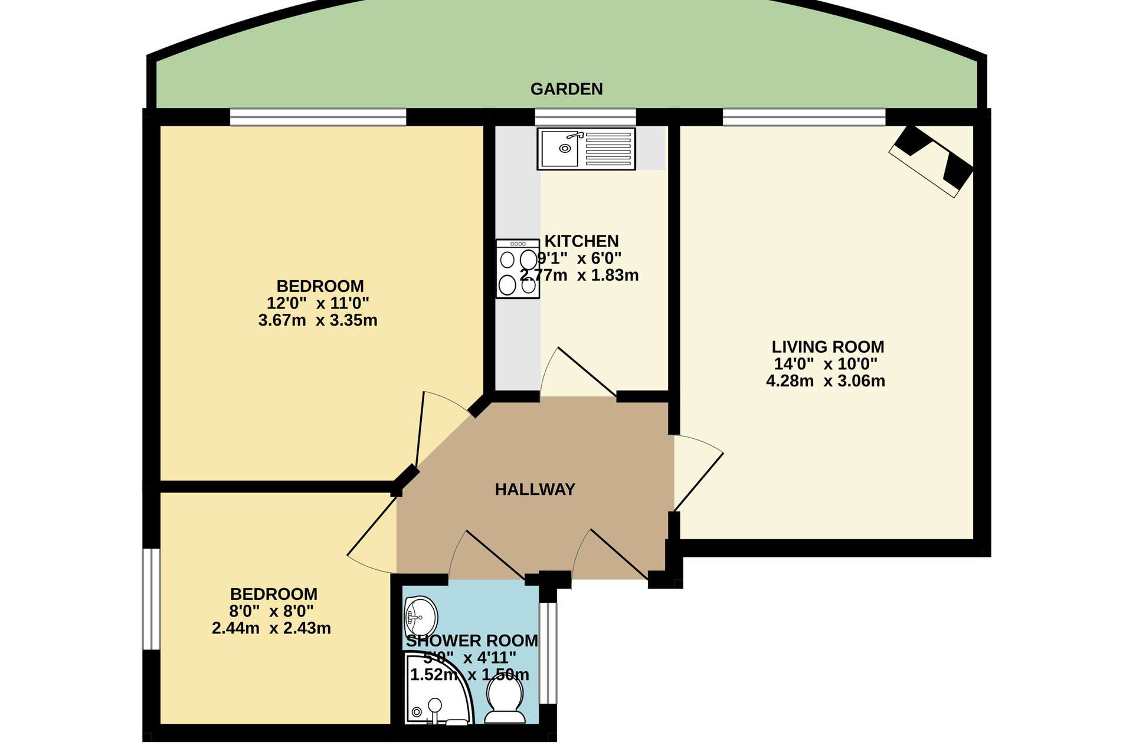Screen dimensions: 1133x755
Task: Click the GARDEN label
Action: (x=566, y=89)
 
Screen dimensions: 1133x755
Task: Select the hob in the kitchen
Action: (x=518, y=268)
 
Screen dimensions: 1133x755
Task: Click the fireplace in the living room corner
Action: (x=931, y=160)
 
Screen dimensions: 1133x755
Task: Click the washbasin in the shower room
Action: (x=421, y=616)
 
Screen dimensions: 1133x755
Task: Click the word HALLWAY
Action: (x=535, y=489)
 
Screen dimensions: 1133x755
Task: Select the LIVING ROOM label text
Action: (x=828, y=347)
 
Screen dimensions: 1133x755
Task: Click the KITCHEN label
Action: (x=581, y=241)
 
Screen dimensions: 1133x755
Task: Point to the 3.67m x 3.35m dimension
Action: (x=318, y=320)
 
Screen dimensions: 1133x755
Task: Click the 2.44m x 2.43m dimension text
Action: (x=271, y=628)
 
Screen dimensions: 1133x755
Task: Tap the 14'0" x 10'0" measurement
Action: (x=826, y=364)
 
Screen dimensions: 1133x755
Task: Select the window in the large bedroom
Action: (x=318, y=117)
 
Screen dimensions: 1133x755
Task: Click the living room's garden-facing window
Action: (x=804, y=117)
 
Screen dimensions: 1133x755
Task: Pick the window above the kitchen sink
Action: (x=585, y=117)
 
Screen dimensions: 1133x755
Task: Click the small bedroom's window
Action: (x=152, y=599)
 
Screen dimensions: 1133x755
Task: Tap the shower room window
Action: (x=548, y=653)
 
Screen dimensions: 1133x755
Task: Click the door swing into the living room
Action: (x=699, y=472)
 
